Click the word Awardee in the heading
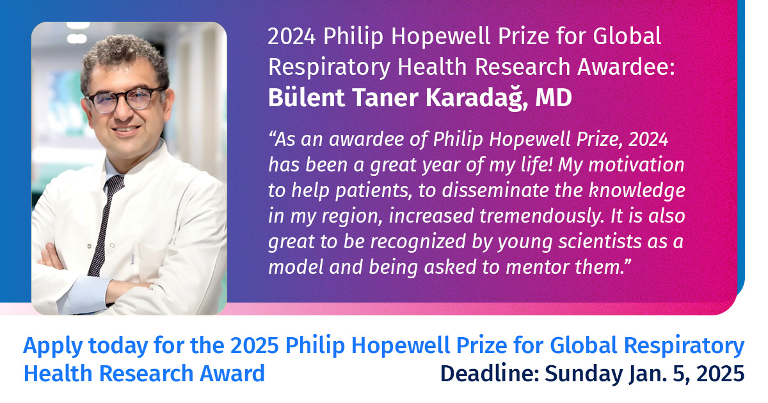coord(626,67)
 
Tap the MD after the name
coord(554,98)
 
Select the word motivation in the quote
coord(636,165)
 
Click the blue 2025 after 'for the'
coord(254,345)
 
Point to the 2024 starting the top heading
coord(291,36)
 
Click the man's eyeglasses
coord(125,99)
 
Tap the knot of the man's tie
coord(114,185)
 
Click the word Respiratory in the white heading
coord(329,68)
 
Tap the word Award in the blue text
coord(232,374)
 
